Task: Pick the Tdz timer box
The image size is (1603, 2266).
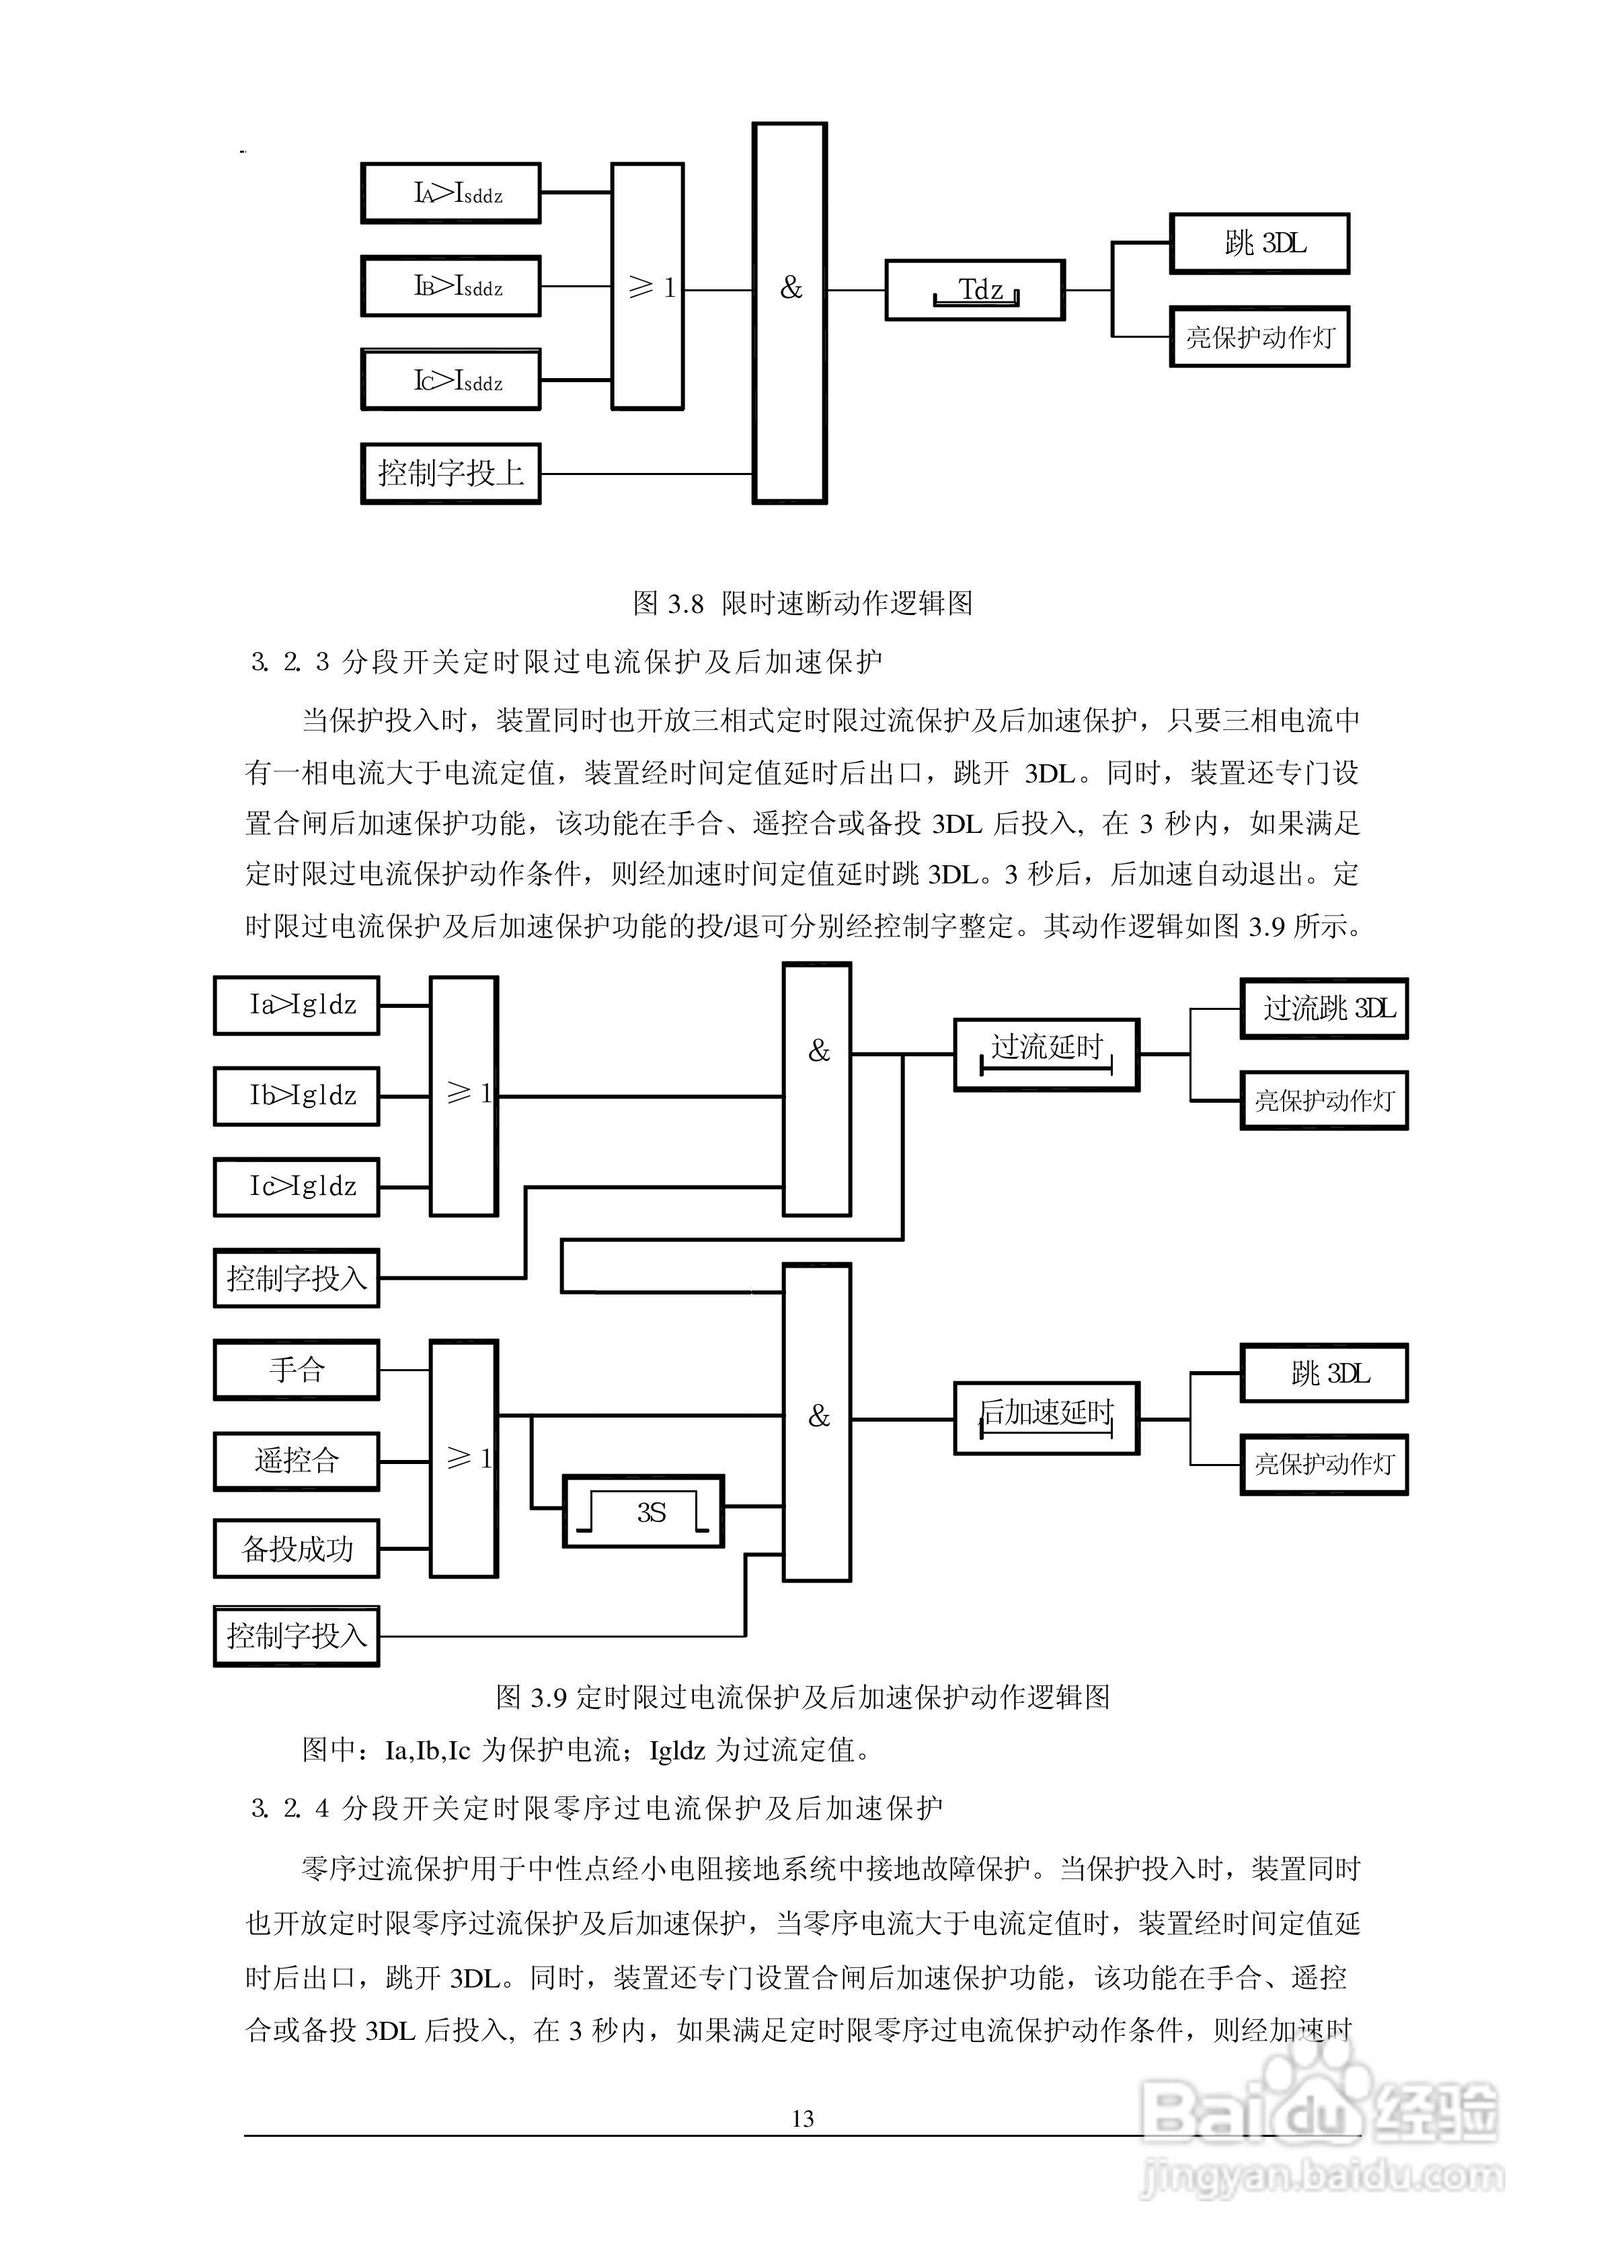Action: click(974, 290)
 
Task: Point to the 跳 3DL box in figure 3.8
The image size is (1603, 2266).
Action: click(1259, 243)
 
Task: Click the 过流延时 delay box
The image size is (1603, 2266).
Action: click(1046, 1054)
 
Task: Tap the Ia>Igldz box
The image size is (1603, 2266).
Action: click(296, 1005)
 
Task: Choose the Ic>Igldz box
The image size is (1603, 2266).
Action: click(296, 1187)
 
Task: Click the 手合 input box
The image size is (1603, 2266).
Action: click(296, 1369)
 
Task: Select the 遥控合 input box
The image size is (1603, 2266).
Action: click(296, 1460)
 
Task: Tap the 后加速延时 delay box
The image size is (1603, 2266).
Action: click(1046, 1418)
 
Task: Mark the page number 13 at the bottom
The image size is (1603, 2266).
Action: click(802, 2119)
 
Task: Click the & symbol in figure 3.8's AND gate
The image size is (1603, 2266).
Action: click(791, 289)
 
